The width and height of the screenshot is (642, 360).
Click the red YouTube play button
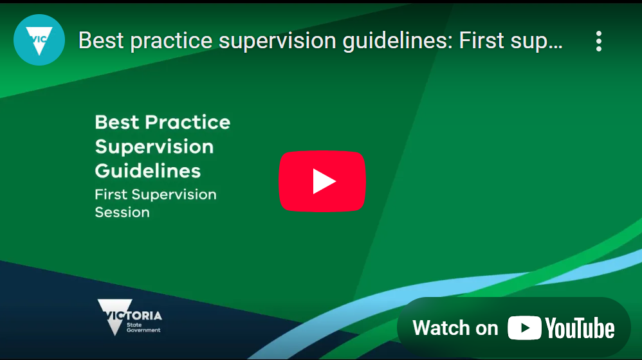322,181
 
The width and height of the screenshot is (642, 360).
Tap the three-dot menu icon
599,41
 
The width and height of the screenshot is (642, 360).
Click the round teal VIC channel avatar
39,40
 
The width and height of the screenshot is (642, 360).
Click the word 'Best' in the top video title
101,40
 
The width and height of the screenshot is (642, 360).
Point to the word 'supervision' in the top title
277,42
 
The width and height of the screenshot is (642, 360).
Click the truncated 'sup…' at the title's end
537,42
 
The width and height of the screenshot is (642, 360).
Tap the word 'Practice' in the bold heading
188,122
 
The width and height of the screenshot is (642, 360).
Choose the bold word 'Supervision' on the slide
154,147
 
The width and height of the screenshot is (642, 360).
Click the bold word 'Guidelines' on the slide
148,170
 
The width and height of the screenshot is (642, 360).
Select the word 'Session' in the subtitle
122,212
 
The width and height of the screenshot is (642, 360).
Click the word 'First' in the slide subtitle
111,194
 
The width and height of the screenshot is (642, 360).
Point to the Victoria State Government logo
129,317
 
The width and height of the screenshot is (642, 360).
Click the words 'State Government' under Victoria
143,327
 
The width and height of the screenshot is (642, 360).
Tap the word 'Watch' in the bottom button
440,328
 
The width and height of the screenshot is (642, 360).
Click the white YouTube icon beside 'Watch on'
524,328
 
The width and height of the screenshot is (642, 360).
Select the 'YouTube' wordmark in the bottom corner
580,328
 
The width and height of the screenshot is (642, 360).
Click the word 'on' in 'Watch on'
486,330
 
